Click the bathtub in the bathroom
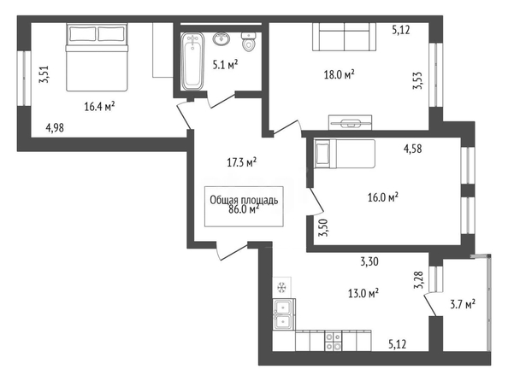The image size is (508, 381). coord(192,62)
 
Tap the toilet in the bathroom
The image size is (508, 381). coord(249,42)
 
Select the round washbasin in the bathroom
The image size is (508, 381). coord(222,38)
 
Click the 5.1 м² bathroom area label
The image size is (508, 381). coord(225,65)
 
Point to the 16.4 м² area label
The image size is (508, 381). coord(99,106)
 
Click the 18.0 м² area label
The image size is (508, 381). coord(339,75)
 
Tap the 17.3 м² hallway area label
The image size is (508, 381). coord(241,163)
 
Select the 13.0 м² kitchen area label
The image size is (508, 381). coord(363,294)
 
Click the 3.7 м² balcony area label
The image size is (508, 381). coord(463,304)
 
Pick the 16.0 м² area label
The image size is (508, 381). coord(383,197)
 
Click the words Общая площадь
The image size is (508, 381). coord(244,200)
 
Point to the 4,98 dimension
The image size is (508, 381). coord(55,128)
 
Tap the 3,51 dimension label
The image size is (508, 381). coord(44,75)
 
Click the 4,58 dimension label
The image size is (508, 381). coord(412,149)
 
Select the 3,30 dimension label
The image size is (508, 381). coord(369,261)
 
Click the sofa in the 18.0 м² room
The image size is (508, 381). coord(345,37)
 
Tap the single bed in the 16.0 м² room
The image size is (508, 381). coord(345,154)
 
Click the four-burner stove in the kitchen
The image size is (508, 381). coord(334,341)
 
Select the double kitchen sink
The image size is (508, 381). coord(284,314)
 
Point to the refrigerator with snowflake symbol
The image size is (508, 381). coord(282,287)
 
